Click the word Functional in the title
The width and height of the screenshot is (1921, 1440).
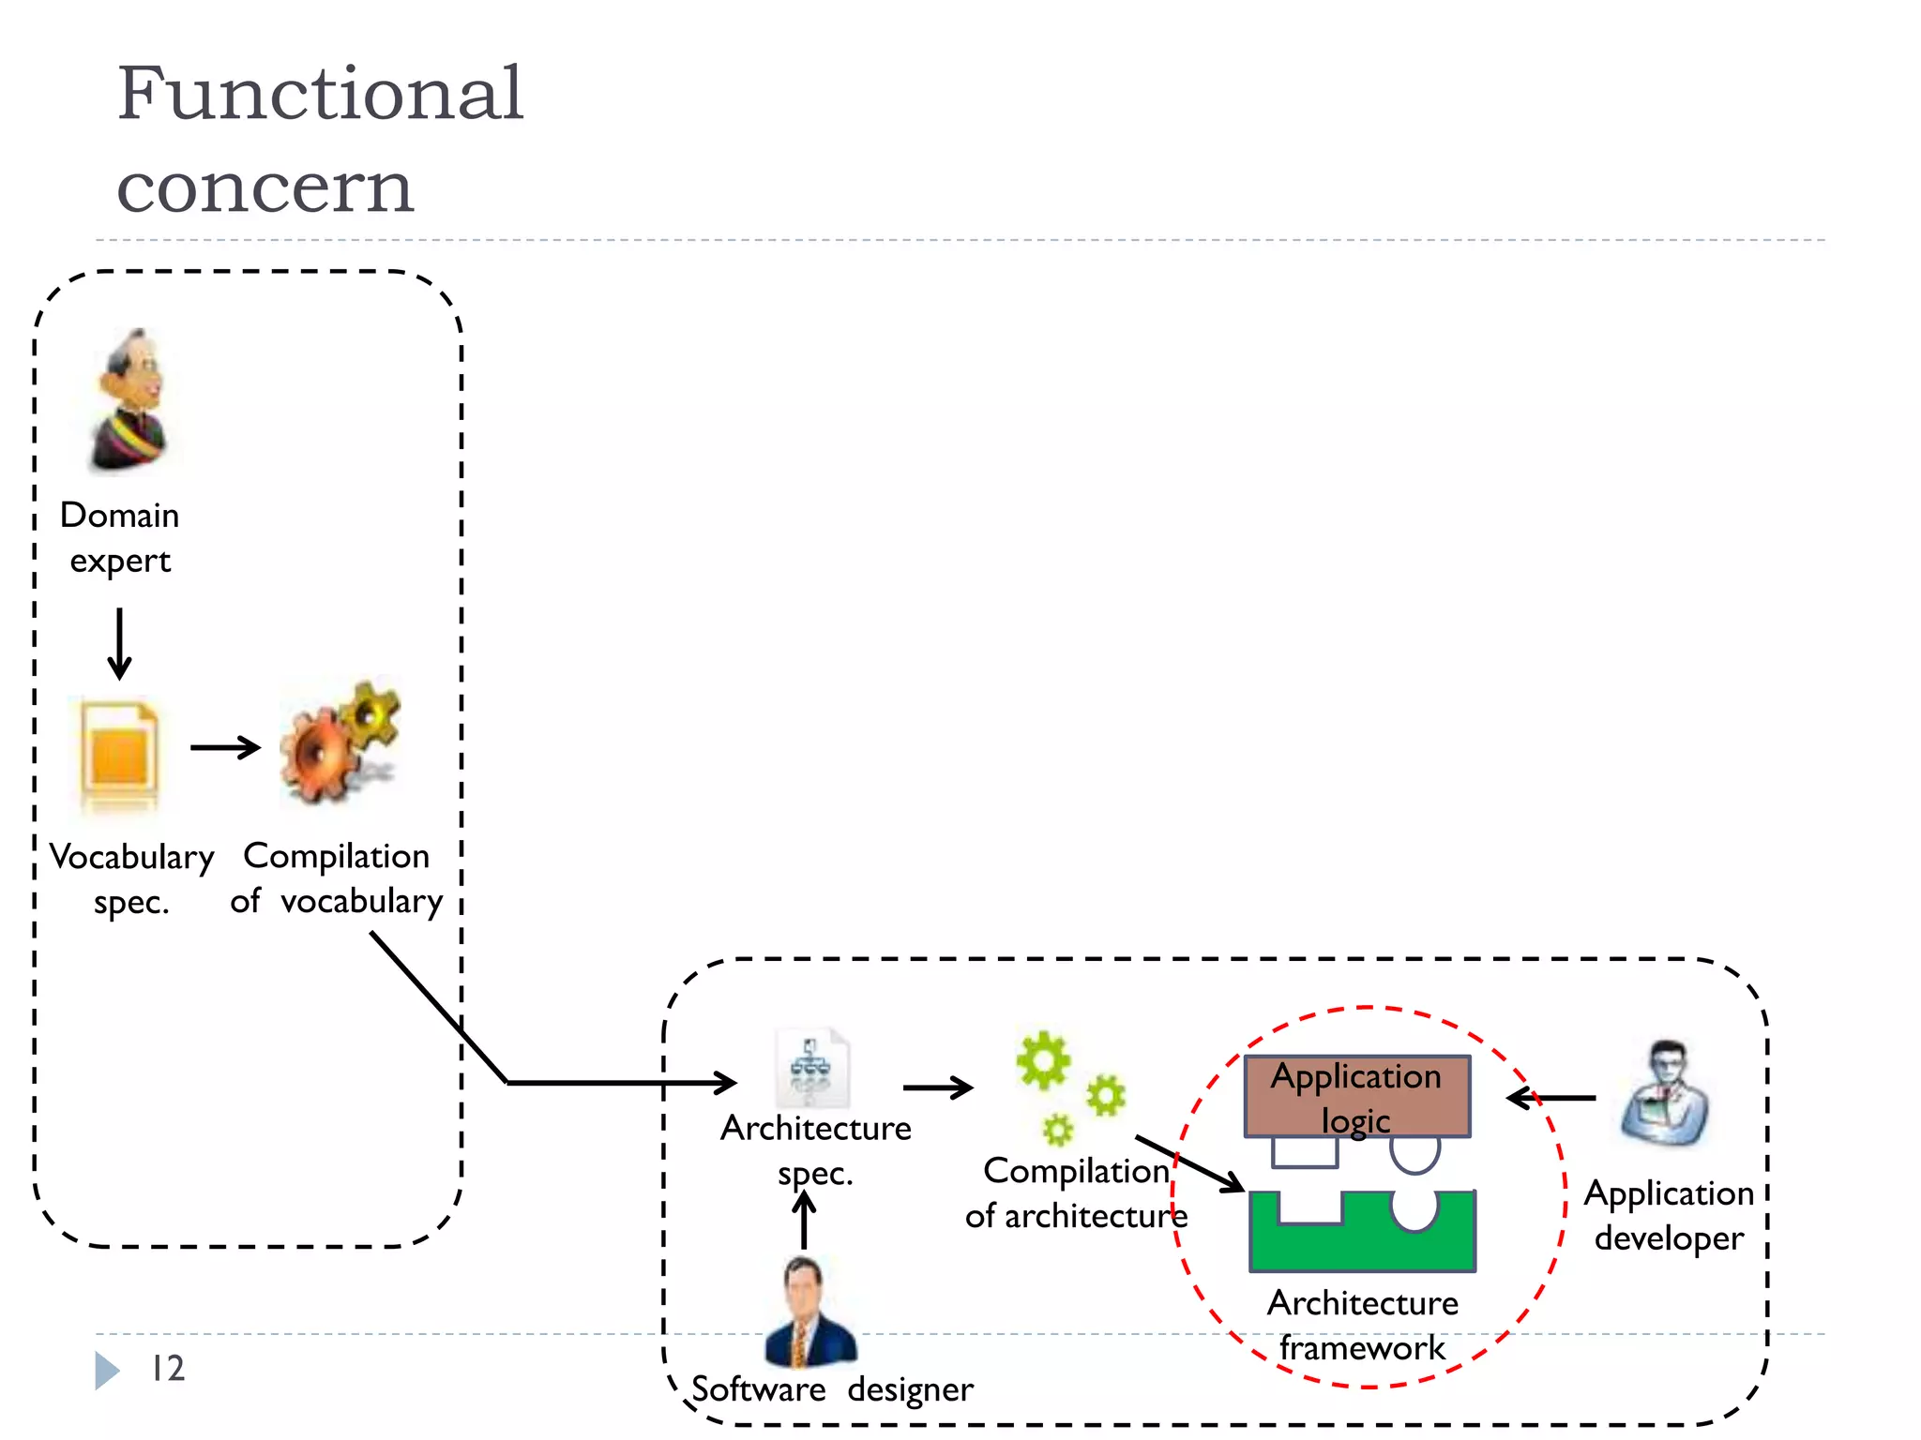tap(320, 94)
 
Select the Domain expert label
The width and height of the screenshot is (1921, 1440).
tap(120, 537)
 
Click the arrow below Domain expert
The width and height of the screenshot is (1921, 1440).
tap(119, 644)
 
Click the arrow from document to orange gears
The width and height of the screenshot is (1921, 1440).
tap(225, 747)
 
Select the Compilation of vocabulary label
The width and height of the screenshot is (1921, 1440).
tap(336, 878)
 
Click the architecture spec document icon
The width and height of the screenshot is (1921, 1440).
tap(811, 1070)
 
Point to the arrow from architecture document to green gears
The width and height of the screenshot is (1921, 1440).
tap(937, 1087)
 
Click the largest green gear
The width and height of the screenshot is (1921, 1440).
tap(1043, 1061)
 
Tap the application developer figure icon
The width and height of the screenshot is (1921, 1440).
tap(1666, 1095)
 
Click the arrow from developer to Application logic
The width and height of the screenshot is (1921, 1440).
tap(1551, 1097)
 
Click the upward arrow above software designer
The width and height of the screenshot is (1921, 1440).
tap(804, 1219)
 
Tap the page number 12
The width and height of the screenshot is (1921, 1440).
tap(169, 1369)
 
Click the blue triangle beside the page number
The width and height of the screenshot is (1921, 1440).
tap(106, 1371)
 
